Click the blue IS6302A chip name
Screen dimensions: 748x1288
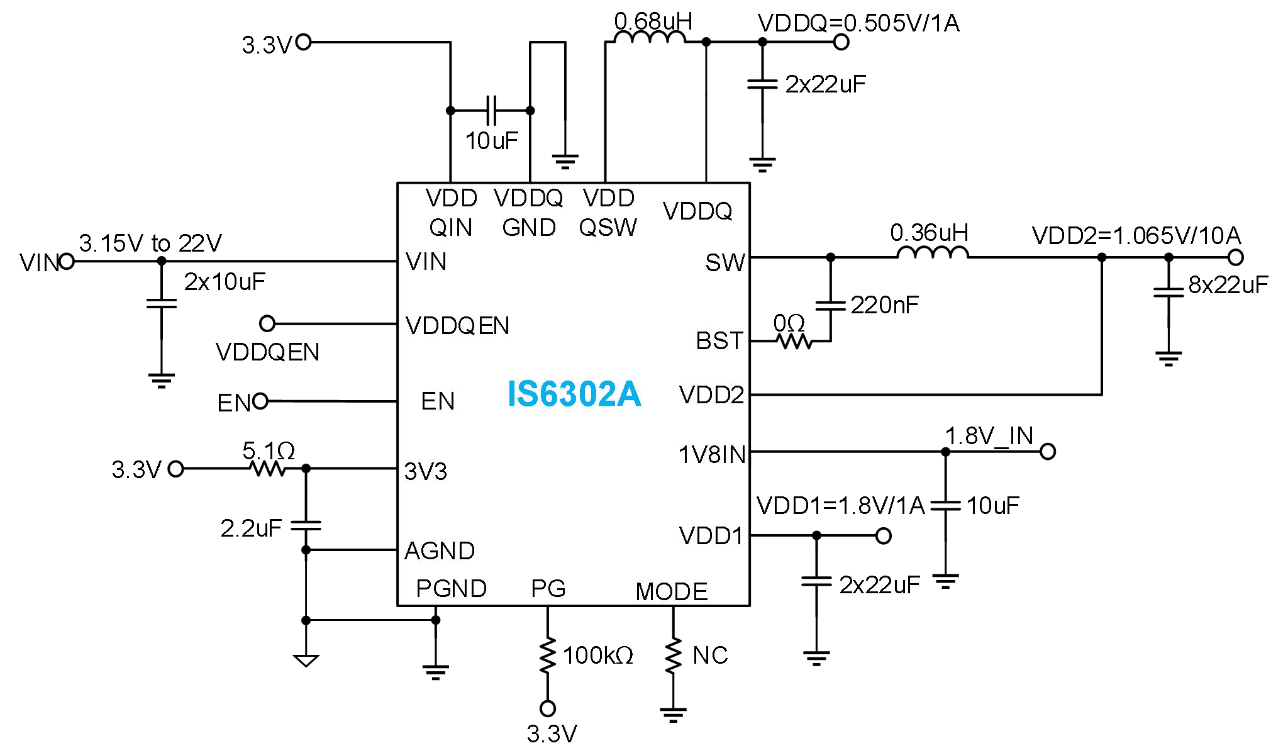point(574,394)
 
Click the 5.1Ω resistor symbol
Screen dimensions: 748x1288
point(268,469)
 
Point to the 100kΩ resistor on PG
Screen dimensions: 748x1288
point(548,656)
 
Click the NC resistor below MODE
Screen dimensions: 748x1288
point(673,656)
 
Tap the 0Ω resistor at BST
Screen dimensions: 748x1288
point(794,342)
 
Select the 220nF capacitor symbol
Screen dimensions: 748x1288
point(830,305)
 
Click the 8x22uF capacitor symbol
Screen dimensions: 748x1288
point(1169,292)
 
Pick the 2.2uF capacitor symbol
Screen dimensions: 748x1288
point(306,525)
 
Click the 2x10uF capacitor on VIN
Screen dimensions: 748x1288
point(161,304)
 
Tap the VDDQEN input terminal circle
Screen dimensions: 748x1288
point(267,324)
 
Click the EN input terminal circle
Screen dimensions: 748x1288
point(260,401)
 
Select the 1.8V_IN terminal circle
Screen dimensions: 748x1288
point(1047,452)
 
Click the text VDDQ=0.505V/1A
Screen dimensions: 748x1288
point(858,23)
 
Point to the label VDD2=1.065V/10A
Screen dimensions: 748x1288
point(1136,236)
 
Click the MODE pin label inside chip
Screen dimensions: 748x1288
point(671,591)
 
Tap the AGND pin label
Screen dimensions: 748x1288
point(439,551)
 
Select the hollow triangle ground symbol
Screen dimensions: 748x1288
point(306,661)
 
